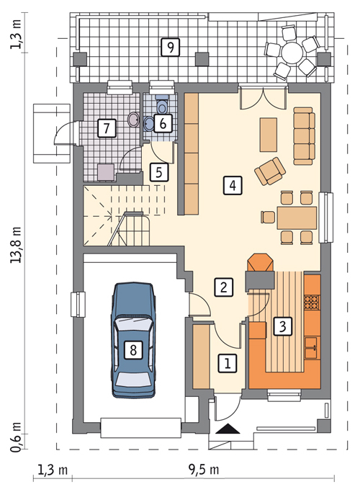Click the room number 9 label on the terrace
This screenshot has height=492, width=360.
[170, 48]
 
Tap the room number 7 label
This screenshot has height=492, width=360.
[107, 128]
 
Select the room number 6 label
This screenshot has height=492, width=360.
[163, 123]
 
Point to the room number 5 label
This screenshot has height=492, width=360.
[158, 172]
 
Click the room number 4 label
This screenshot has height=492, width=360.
[233, 185]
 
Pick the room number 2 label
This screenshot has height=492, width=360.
[224, 287]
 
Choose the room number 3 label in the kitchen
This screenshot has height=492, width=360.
[282, 326]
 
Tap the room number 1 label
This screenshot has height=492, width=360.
[228, 363]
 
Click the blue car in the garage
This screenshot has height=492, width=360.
[133, 341]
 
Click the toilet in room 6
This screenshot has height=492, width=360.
[162, 105]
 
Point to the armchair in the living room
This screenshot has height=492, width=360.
[270, 171]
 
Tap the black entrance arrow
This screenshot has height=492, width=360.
[228, 429]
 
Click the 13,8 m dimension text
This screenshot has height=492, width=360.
[17, 245]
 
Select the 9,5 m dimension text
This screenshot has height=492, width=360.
[204, 470]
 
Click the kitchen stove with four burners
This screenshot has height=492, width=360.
[312, 301]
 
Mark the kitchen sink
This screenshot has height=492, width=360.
[313, 348]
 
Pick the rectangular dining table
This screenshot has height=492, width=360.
[297, 218]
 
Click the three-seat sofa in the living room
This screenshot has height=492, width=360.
[304, 136]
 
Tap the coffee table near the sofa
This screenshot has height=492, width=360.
[269, 135]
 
